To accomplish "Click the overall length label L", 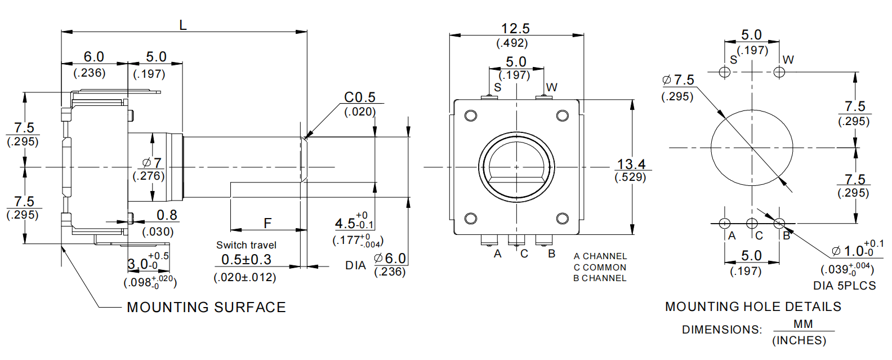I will pos(182,25).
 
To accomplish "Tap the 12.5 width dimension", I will pos(515,28).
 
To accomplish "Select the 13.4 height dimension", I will pos(631,164).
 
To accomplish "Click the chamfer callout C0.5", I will pos(359,97).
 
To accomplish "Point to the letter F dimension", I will pos(267,223).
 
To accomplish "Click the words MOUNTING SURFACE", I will pos(206,307).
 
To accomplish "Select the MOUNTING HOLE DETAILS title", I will pos(753,306).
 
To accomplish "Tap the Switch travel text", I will pos(246,245).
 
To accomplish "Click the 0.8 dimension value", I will pos(167,215).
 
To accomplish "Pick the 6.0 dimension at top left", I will pos(93,57).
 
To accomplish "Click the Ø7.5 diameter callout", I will pos(679,80).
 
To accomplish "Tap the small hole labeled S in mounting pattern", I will pos(725,72).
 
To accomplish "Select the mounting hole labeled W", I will pos(779,72).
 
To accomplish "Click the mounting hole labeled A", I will pos(725,224).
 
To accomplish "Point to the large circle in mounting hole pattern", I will pos(752,148).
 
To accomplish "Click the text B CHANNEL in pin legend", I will pos(600,278).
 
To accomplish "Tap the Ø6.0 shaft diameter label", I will pos(390,259).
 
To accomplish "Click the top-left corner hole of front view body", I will pos(470,115).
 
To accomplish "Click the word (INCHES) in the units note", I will pos(799,340).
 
